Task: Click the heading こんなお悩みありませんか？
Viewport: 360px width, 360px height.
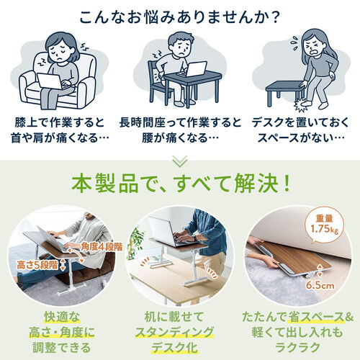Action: pyautogui.click(x=180, y=15)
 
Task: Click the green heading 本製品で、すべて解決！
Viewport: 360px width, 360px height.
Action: pyautogui.click(x=180, y=181)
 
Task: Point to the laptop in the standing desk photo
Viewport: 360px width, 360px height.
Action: pyautogui.click(x=168, y=230)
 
